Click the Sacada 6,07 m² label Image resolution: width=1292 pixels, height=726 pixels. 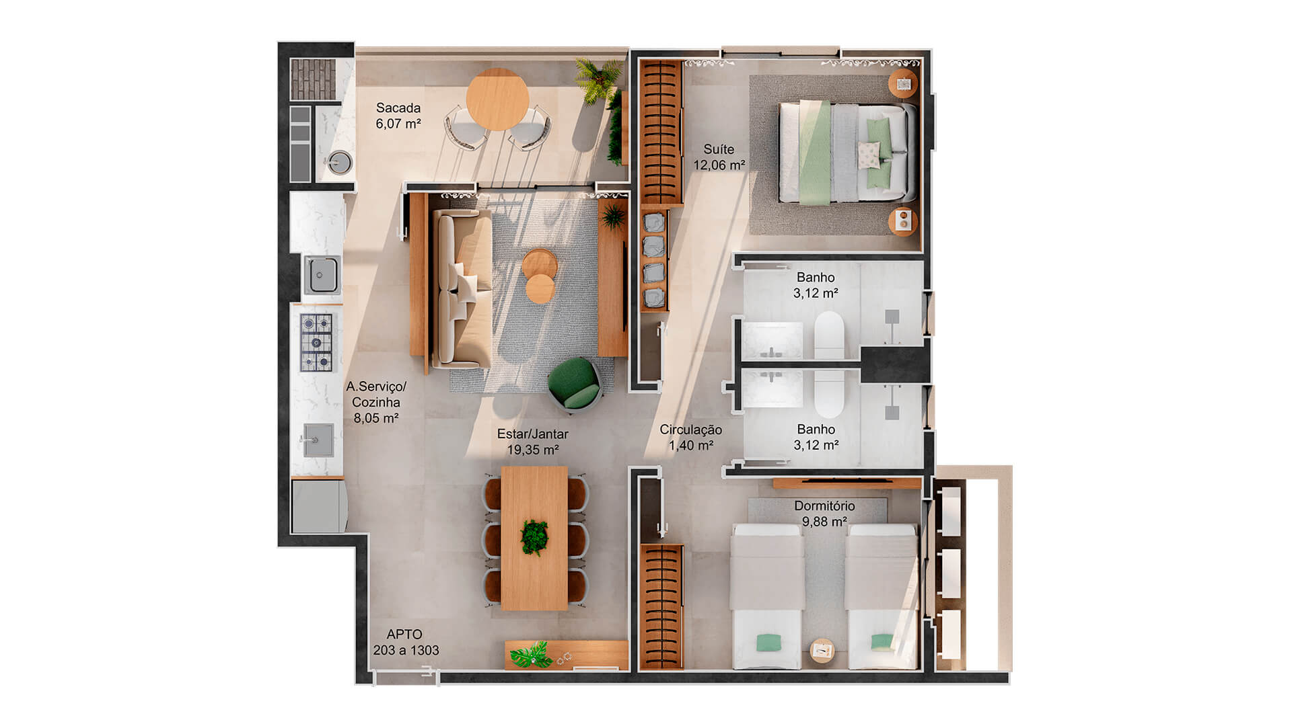pos(398,116)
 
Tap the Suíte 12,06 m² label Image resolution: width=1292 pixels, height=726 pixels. pos(719,157)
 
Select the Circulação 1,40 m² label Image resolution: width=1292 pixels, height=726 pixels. pos(690,437)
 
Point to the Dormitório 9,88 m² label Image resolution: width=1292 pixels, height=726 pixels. pos(824,514)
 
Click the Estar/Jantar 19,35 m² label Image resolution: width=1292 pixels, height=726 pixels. pos(532,442)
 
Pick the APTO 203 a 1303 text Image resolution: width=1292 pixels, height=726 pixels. pos(406,642)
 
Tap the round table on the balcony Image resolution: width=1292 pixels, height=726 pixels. pos(498,99)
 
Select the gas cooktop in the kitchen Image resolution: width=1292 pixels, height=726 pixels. pos(316,343)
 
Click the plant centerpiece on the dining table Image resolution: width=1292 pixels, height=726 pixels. pos(534,537)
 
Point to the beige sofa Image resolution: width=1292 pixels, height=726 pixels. pos(461,289)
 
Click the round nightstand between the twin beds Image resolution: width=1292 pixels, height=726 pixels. pos(822,650)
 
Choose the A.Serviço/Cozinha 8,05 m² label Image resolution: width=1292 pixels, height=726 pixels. pos(376,402)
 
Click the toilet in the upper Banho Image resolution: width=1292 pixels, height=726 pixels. pos(828,335)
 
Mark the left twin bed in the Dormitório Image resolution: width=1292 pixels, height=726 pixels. pos(767,597)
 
